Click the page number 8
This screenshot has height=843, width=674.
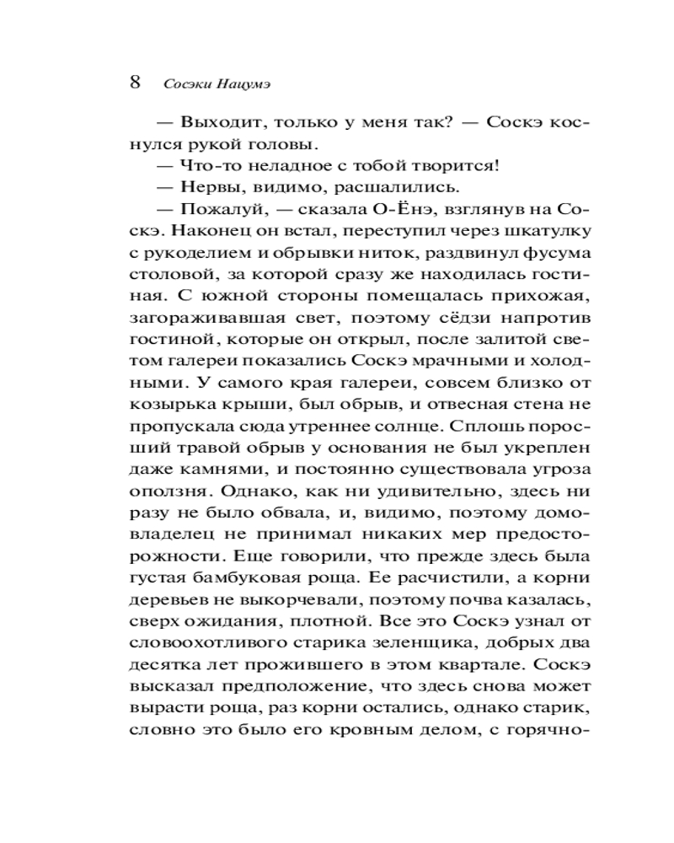click(135, 83)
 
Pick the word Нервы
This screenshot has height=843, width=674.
click(204, 187)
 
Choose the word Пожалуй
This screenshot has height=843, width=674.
click(217, 209)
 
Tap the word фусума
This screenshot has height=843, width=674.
click(548, 253)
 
